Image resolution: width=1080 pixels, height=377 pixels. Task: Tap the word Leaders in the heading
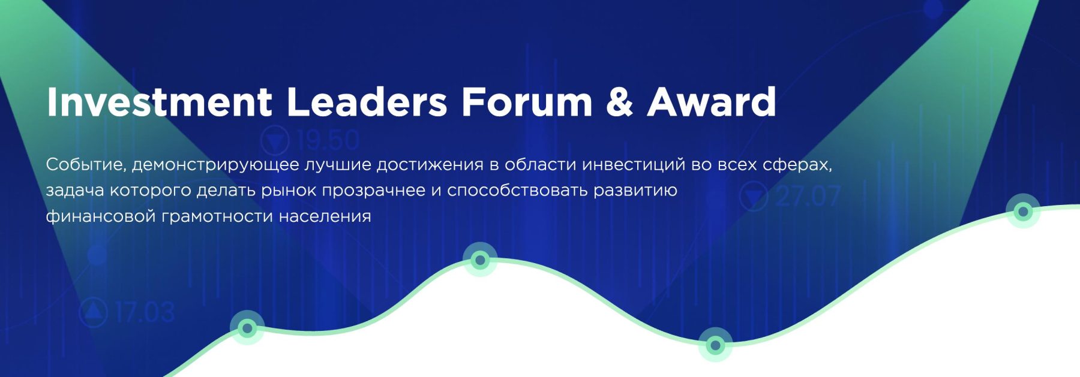tap(367, 102)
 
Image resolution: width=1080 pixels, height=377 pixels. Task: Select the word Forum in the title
tap(527, 102)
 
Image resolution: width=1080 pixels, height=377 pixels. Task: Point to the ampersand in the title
tap(619, 102)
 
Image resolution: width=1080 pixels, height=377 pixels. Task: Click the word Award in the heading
tap(712, 102)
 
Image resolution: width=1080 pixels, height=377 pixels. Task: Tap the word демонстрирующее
tap(215, 165)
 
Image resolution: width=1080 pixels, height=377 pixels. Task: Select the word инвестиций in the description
tap(634, 165)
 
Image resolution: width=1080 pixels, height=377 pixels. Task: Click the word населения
tap(325, 216)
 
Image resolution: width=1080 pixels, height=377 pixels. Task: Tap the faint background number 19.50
tap(328, 141)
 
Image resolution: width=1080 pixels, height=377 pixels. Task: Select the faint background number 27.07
tap(807, 197)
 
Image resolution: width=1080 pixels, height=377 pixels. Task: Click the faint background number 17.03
tap(145, 312)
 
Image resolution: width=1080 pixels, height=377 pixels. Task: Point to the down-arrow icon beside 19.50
tap(275, 141)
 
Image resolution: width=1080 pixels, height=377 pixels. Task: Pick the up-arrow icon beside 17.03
tap(94, 312)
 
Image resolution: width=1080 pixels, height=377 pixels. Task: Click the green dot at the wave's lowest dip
tap(715, 345)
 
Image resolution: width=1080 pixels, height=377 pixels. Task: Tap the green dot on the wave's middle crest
tap(479, 260)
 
